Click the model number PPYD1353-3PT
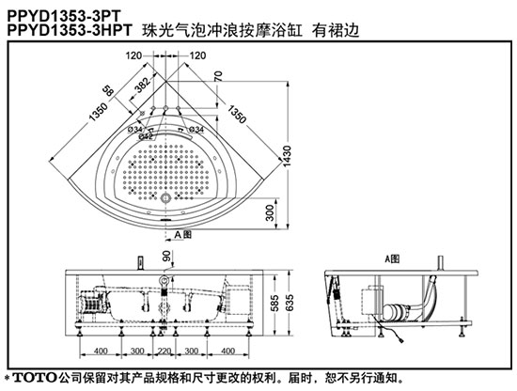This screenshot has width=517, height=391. [64, 15]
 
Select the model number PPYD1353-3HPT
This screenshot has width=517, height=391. [70, 30]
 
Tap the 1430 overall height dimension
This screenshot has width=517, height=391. [287, 157]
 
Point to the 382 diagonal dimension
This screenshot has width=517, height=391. [143, 85]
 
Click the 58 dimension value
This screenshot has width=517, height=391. [108, 90]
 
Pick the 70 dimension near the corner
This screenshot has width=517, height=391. [218, 76]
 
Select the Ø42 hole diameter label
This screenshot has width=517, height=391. [146, 136]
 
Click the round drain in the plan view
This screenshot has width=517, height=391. [164, 198]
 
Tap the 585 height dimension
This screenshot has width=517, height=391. [274, 303]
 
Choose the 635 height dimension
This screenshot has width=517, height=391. [290, 303]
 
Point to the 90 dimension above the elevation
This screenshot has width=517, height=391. [166, 256]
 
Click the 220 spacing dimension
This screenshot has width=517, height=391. [164, 351]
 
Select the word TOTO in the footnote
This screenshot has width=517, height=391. [35, 378]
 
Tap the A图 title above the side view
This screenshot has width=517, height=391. [392, 259]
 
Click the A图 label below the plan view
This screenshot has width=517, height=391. [183, 235]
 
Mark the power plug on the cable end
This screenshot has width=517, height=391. [400, 340]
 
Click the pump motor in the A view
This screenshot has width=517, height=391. [396, 311]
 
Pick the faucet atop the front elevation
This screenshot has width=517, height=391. [141, 263]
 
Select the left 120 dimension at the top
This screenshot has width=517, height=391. [133, 55]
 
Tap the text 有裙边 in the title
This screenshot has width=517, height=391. [336, 31]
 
